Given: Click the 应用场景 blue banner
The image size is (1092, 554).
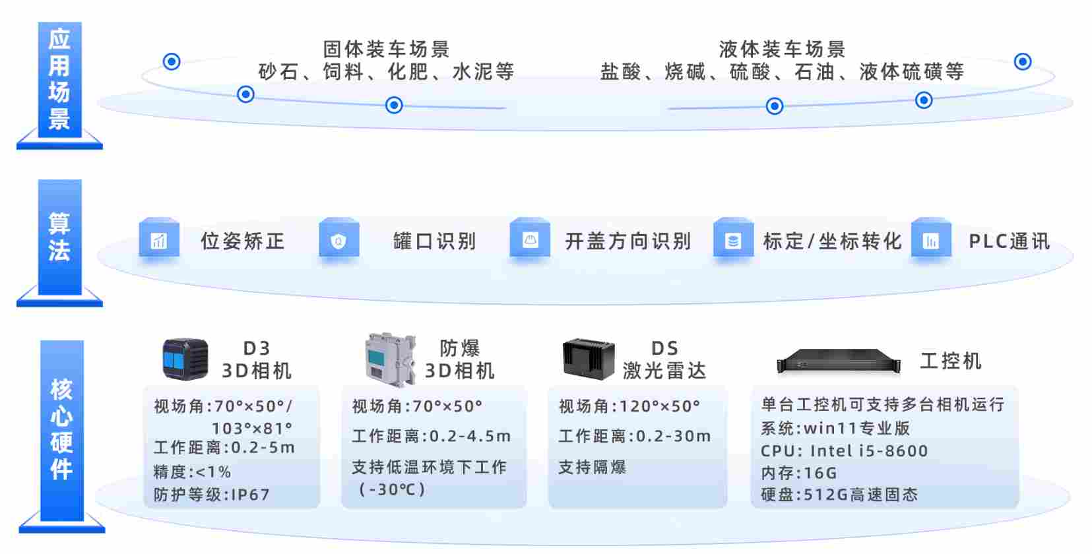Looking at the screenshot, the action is click(59, 80).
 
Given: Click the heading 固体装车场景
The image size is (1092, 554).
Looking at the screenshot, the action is click(386, 49).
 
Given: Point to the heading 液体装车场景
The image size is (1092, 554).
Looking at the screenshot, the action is click(782, 49).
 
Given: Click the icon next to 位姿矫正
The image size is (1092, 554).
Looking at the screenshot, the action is click(159, 239).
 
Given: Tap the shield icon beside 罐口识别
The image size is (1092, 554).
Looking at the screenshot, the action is click(338, 239).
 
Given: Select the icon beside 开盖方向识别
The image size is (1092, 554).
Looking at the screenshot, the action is click(530, 239).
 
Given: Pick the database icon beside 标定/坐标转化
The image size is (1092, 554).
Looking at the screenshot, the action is click(733, 239).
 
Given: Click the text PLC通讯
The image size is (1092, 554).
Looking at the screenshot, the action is click(1009, 241).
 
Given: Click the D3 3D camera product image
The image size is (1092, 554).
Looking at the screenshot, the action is click(185, 359).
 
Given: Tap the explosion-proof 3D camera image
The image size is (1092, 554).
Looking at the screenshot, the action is click(390, 359).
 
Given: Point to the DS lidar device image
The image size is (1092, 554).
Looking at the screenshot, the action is click(589, 359).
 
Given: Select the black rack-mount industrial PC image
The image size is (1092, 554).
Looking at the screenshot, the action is click(839, 361).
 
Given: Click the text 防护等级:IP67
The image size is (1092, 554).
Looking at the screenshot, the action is click(212, 495).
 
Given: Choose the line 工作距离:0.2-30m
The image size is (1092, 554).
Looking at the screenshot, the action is click(635, 436).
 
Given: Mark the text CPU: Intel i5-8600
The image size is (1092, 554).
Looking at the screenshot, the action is click(845, 450).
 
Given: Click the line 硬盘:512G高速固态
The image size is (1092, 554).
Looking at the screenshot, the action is click(839, 495).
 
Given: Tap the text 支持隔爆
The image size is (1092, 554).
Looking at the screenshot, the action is click(593, 467).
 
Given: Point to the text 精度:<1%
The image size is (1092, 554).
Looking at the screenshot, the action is click(193, 472).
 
